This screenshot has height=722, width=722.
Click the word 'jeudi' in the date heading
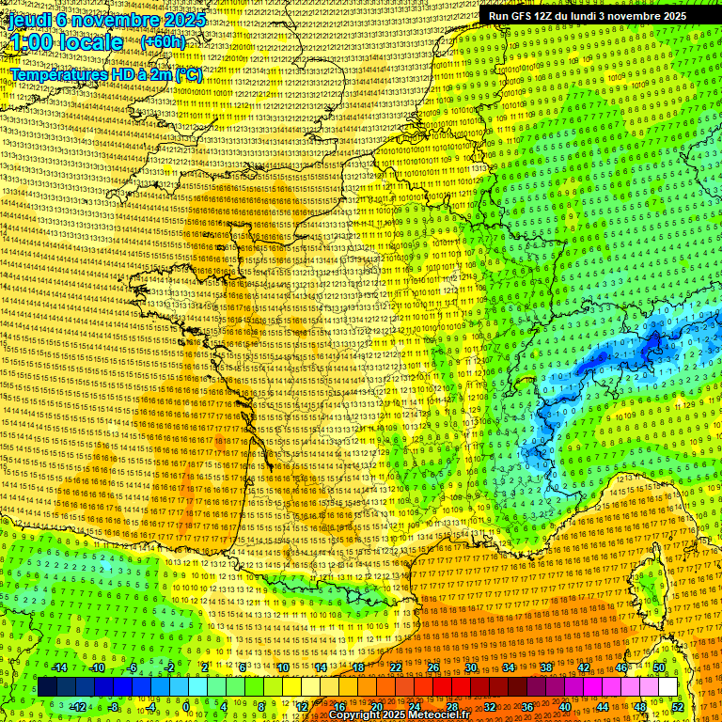pyautogui.click(x=28, y=19)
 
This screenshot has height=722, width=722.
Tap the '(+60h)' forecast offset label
pyautogui.click(x=163, y=42)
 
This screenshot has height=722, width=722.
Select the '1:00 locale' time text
pyautogui.click(x=66, y=42)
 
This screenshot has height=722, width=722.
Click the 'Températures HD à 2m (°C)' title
pyautogui.click(x=105, y=73)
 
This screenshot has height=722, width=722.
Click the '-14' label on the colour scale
pyautogui.click(x=59, y=667)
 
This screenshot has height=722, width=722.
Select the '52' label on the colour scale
pyautogui.click(x=678, y=706)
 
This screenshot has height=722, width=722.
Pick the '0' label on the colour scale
pyautogui.click(x=186, y=706)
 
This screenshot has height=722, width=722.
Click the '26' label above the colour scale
pyautogui.click(x=433, y=667)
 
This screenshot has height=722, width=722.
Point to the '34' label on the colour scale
pyautogui.click(x=509, y=667)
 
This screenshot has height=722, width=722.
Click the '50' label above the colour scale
pyautogui.click(x=659, y=667)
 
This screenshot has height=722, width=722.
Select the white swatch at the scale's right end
pyautogui.click(x=667, y=687)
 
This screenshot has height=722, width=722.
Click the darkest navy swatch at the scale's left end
pyautogui.click(x=47, y=687)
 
